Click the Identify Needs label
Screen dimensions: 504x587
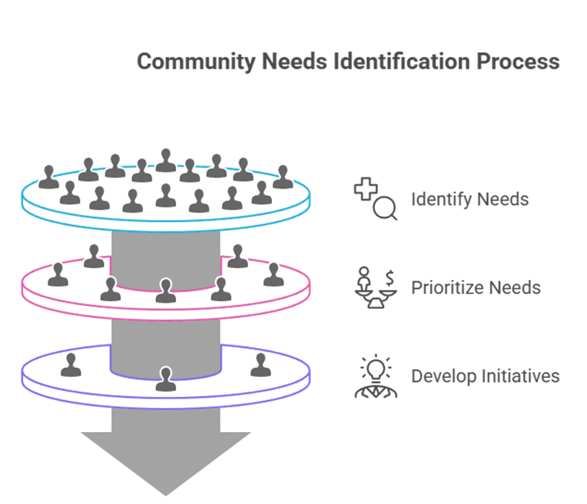click(x=470, y=200)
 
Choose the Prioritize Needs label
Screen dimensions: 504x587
click(x=476, y=288)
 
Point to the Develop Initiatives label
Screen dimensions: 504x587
click(x=485, y=376)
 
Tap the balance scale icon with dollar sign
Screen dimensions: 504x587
click(x=375, y=287)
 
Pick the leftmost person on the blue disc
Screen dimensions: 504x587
click(x=49, y=177)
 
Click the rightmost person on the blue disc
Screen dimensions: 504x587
click(x=281, y=177)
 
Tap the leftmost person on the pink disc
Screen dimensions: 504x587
click(x=58, y=275)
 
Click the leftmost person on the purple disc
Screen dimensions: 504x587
click(x=71, y=364)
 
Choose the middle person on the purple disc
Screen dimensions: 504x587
click(x=165, y=379)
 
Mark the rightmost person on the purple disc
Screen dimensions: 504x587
click(x=259, y=364)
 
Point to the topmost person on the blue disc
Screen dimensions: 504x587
click(x=166, y=160)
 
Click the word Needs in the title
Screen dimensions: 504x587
click(x=295, y=61)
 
